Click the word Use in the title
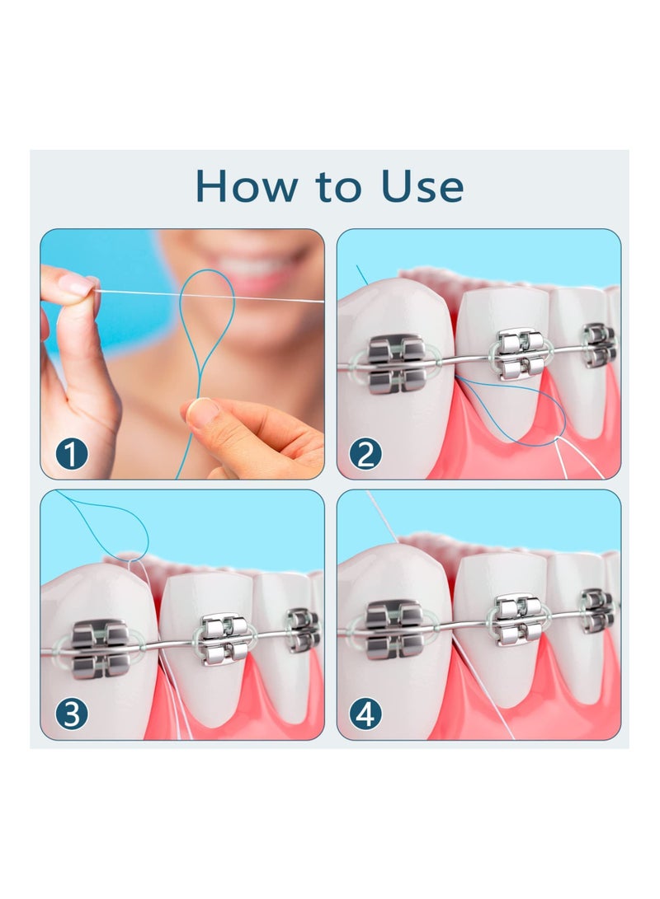click(x=422, y=186)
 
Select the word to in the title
click(x=334, y=188)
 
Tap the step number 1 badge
click(x=72, y=454)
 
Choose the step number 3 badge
click(x=72, y=714)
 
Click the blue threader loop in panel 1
click(x=208, y=321)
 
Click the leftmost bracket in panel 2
click(x=396, y=363)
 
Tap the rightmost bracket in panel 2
click(x=599, y=344)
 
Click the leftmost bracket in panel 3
click(x=100, y=650)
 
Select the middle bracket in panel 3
click(x=224, y=639)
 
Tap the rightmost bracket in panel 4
click(x=598, y=610)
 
